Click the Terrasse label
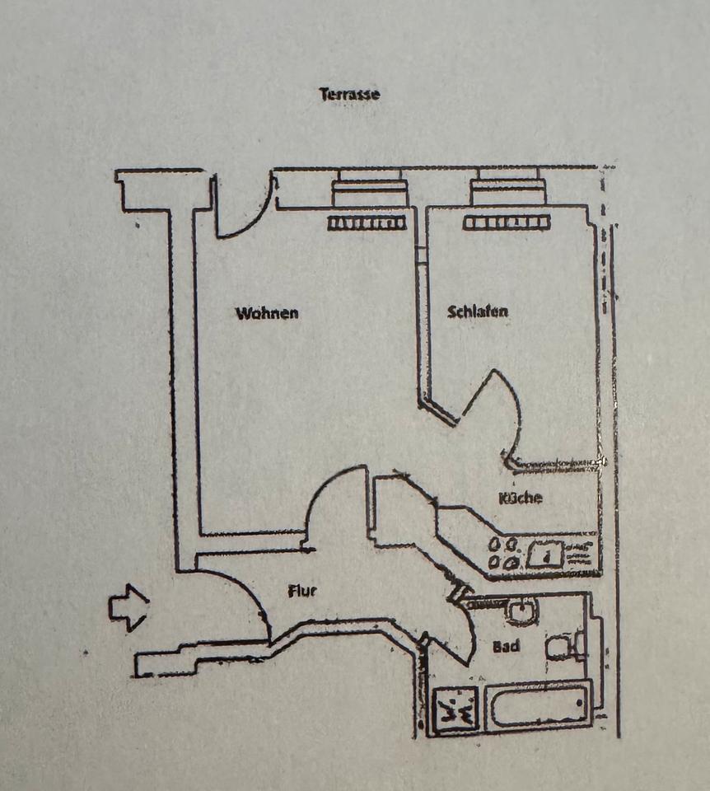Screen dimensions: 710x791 click(x=349, y=94)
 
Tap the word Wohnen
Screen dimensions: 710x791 click(x=267, y=314)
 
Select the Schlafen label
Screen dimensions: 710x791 click(x=478, y=312)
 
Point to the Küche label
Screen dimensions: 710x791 click(x=521, y=498)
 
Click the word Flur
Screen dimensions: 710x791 click(x=302, y=590)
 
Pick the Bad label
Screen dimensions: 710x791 click(x=506, y=646)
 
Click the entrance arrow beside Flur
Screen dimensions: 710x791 click(x=128, y=608)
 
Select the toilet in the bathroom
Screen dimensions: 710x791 click(x=565, y=645)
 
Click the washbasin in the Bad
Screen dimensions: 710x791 click(x=521, y=611)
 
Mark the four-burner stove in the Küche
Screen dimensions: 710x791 click(x=504, y=554)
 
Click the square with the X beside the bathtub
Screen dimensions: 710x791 click(x=454, y=709)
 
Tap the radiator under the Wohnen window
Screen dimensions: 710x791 click(x=367, y=222)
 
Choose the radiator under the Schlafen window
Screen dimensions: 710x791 click(x=506, y=222)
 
